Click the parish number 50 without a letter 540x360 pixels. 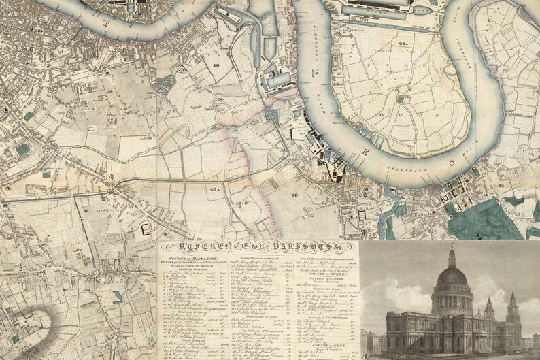pyautogui.click(x=216, y=65)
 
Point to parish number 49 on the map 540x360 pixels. pyautogui.click(x=109, y=91)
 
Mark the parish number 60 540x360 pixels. pyautogui.click(x=294, y=195)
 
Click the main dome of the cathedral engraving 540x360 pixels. pyautogui.click(x=449, y=278)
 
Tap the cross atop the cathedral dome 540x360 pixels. pyautogui.click(x=450, y=243)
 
